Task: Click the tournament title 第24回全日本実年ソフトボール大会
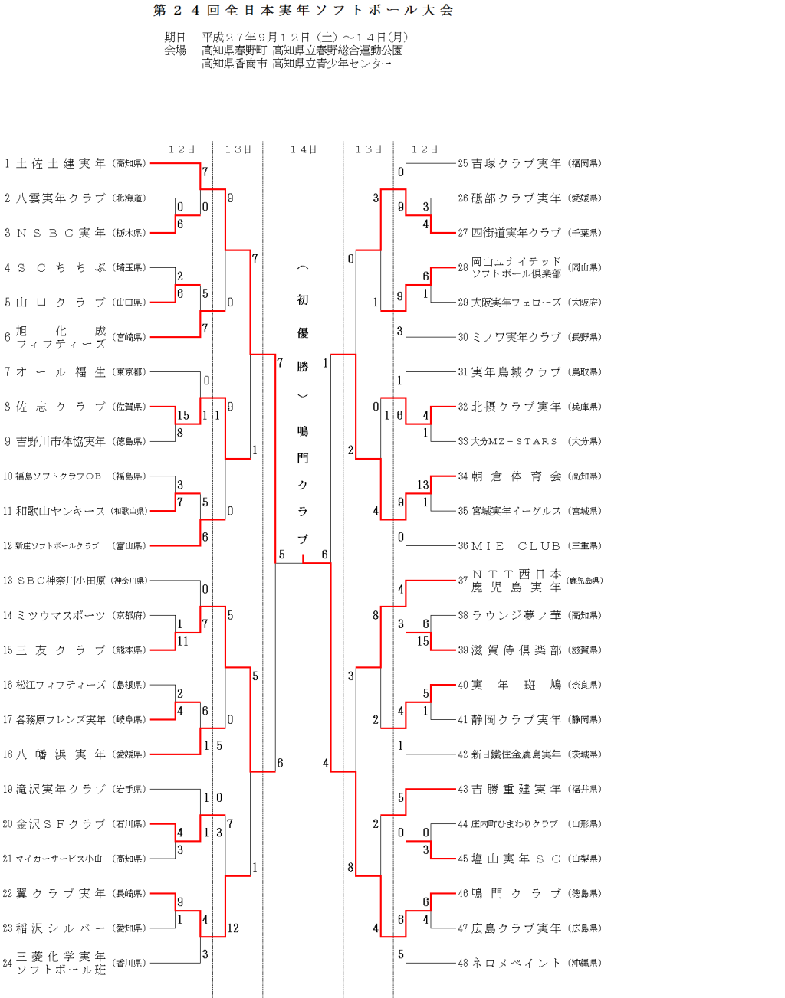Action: point(304,11)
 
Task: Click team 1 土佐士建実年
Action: point(61,163)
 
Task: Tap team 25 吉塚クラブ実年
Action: point(516,163)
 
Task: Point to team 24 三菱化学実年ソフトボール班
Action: point(61,963)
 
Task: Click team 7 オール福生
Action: point(61,371)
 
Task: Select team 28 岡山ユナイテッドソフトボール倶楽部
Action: point(515,267)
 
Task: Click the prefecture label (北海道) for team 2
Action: point(129,198)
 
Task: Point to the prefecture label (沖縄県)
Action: point(584,963)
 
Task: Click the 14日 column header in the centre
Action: point(303,149)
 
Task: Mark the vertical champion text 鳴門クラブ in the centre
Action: point(303,485)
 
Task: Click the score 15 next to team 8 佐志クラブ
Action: point(183,416)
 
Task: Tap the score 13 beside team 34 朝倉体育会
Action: point(423,485)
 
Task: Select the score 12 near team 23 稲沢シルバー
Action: point(233,928)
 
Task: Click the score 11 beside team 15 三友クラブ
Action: point(182,641)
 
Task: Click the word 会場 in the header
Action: point(175,51)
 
